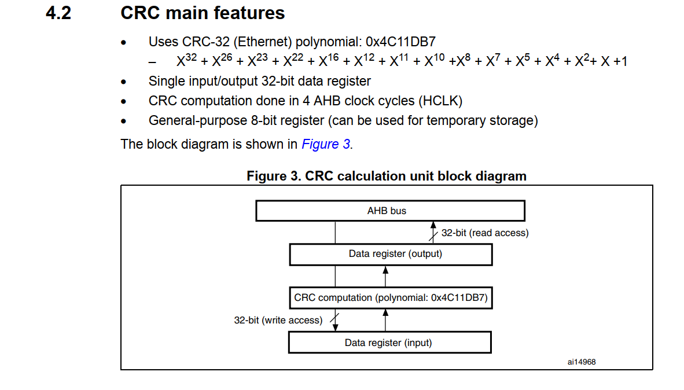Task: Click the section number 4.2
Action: pyautogui.click(x=58, y=13)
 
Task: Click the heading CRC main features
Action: pyautogui.click(x=203, y=13)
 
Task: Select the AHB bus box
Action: pyautogui.click(x=390, y=211)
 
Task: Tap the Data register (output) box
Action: pyautogui.click(x=391, y=254)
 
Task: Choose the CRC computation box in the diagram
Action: pyautogui.click(x=391, y=298)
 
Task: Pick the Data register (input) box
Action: pyautogui.click(x=389, y=343)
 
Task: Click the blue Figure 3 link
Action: pyautogui.click(x=326, y=144)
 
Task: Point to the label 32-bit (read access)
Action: pyautogui.click(x=485, y=233)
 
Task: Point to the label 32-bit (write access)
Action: pyautogui.click(x=278, y=320)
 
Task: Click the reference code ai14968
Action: pyautogui.click(x=582, y=362)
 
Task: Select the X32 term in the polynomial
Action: pyautogui.click(x=187, y=61)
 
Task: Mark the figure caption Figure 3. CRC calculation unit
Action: pyautogui.click(x=387, y=176)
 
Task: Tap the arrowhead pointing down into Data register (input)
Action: pyautogui.click(x=335, y=328)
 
